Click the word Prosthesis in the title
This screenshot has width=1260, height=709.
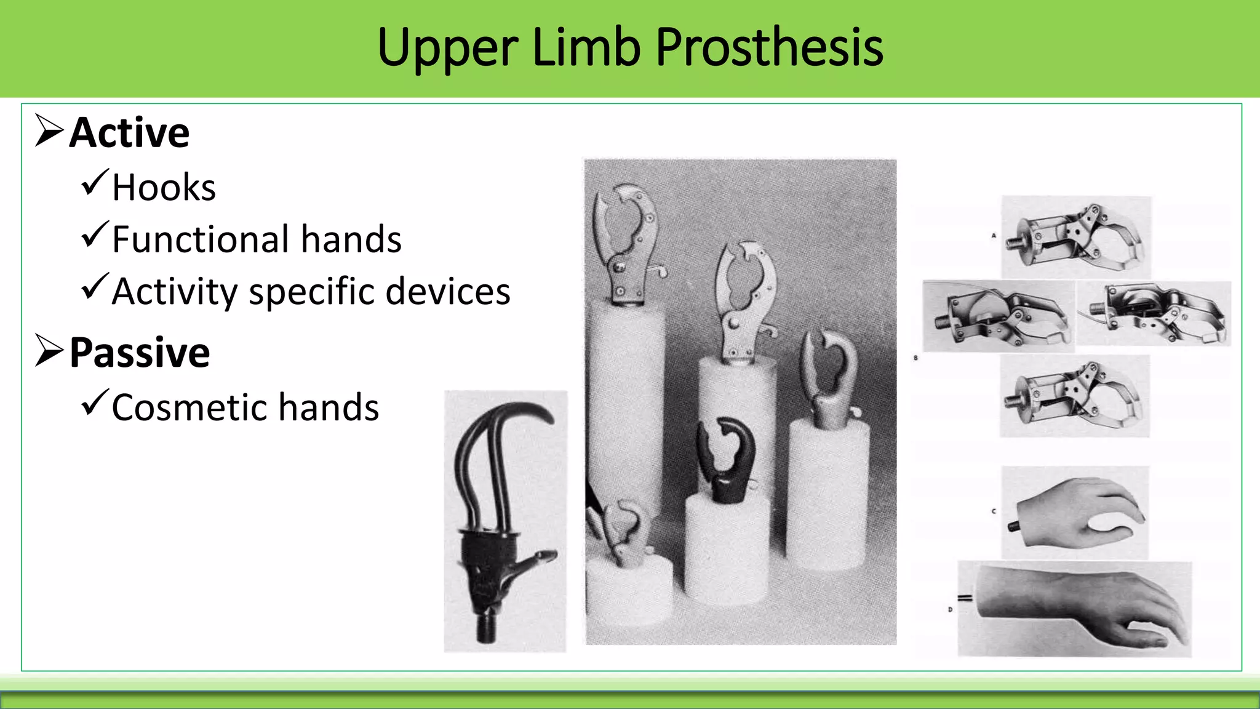click(769, 48)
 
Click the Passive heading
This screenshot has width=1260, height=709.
click(140, 353)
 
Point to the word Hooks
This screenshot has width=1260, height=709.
click(164, 187)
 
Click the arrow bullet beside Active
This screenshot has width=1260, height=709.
click(49, 130)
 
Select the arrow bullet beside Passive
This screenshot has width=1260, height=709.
click(49, 351)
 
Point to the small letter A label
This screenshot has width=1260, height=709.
click(994, 235)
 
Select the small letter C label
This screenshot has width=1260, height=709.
click(994, 511)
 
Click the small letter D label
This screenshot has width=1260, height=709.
click(950, 609)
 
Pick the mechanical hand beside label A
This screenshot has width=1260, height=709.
click(1077, 237)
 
